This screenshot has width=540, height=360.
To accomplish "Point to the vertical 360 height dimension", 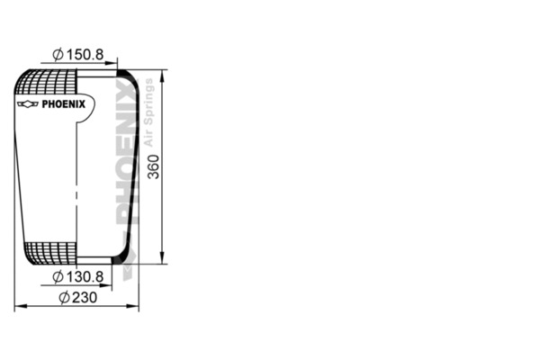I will [154, 166].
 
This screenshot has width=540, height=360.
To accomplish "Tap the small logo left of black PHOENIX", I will [28, 103].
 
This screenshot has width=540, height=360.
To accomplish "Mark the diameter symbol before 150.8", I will [57, 56].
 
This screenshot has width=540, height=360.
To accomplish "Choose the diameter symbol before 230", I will [64, 298].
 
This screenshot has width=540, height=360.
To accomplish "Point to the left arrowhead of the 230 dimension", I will [19, 307].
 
